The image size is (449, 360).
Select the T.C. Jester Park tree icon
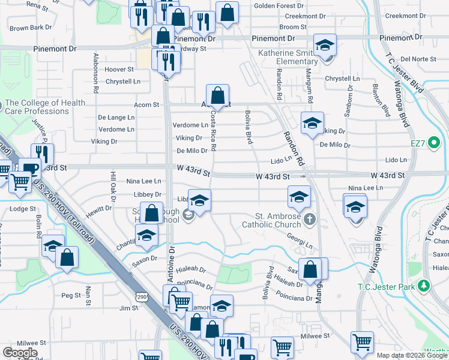425,284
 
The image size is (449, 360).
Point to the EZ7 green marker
436,143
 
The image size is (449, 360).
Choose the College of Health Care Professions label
46,107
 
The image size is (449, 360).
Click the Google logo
20,352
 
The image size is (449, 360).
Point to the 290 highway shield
142,297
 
